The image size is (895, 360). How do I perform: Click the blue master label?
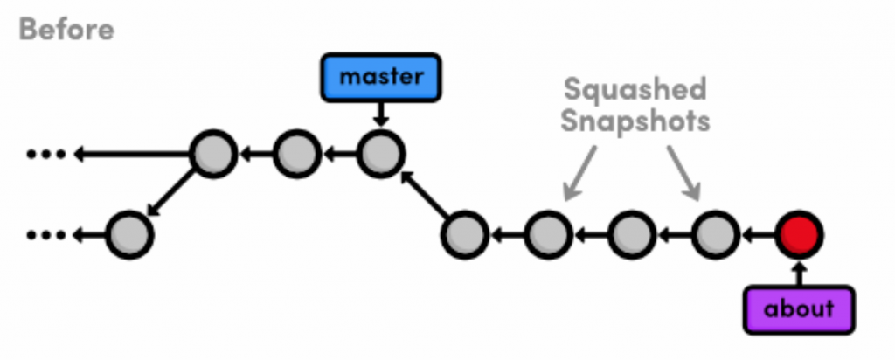(x=381, y=77)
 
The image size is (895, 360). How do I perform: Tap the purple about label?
(x=799, y=308)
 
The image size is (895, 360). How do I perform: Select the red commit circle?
(x=799, y=234)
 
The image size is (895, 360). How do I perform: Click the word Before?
(x=66, y=30)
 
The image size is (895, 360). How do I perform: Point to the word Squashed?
(x=635, y=90)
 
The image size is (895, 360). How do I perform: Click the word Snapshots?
(x=635, y=121)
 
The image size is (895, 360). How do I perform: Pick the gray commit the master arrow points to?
(x=380, y=155)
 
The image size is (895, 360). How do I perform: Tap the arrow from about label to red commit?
(x=799, y=271)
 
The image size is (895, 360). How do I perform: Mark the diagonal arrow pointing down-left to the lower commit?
(x=171, y=194)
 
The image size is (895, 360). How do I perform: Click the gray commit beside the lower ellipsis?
(x=129, y=234)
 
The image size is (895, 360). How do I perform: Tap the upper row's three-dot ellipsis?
(x=45, y=156)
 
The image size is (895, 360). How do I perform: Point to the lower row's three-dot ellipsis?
(x=45, y=234)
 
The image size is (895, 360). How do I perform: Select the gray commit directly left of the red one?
(x=715, y=234)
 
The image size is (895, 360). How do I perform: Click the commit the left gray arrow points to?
(x=548, y=234)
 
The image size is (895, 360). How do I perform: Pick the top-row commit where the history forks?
(x=213, y=155)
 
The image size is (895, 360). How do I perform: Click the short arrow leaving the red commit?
(x=758, y=234)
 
